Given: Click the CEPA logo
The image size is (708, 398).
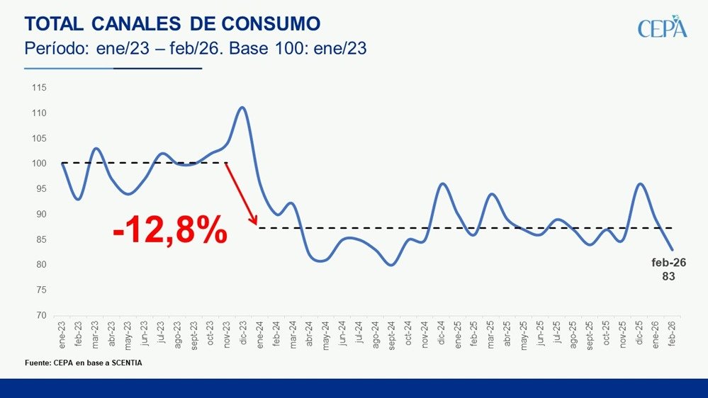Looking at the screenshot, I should tap(662, 27).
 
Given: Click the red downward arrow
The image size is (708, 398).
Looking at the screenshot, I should tap(242, 194).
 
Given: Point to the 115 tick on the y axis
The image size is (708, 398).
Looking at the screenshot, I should tap(38, 88).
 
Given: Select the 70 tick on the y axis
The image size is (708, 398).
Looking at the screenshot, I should tap(40, 316).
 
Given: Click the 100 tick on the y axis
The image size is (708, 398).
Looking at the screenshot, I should tap(38, 164).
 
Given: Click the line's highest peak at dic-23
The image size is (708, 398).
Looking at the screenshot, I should tap(242, 108).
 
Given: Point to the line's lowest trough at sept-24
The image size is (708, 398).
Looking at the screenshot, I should tap(390, 265).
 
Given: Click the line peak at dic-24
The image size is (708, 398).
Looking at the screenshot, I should tap(442, 184).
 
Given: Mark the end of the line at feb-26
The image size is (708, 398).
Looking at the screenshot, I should tap(672, 250).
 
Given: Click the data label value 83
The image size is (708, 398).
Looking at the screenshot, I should tap(669, 277).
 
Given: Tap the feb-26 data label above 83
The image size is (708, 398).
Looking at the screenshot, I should tap(669, 263).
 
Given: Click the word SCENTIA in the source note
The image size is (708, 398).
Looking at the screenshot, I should tap(134, 363).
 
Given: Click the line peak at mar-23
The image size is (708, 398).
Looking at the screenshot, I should tap(96, 149).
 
